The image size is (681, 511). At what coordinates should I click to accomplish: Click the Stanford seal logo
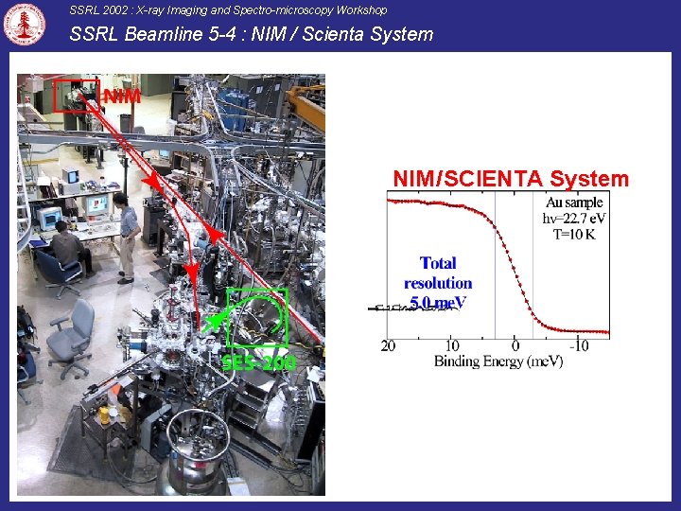[x=25, y=25]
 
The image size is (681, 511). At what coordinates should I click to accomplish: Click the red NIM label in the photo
[x=122, y=97]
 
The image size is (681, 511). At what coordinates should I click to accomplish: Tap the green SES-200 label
[x=258, y=363]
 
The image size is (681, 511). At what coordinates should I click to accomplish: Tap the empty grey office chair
[x=73, y=336]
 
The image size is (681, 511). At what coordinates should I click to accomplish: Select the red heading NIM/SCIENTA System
[x=510, y=179]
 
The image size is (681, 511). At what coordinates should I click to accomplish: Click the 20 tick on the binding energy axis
[x=389, y=346]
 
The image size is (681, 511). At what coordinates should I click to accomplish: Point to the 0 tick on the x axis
[x=515, y=346]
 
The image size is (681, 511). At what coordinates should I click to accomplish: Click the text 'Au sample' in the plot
[x=573, y=203]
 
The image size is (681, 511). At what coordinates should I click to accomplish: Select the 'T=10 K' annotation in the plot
[x=573, y=235]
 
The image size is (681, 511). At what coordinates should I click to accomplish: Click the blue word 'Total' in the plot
[x=438, y=263]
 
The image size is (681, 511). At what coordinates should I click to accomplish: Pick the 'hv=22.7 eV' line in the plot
[x=573, y=219]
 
